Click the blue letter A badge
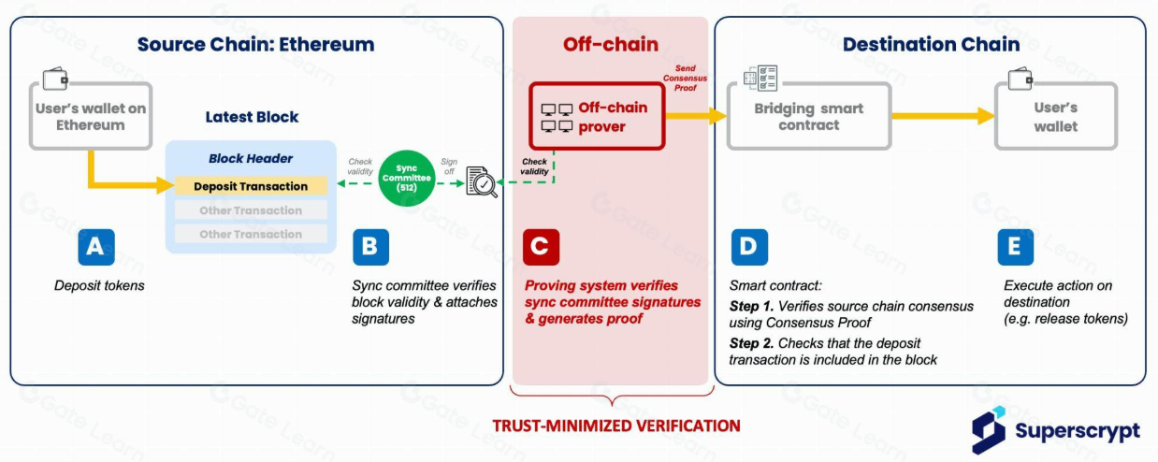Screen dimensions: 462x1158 click(x=94, y=247)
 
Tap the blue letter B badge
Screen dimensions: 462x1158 click(x=370, y=247)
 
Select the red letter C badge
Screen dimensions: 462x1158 click(x=541, y=247)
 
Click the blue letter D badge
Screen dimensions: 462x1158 click(x=748, y=247)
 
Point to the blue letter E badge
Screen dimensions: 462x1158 click(x=1015, y=247)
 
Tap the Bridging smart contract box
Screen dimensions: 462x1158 click(x=808, y=116)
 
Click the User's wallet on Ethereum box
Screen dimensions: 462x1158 click(x=91, y=116)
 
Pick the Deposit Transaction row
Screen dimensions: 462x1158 click(x=250, y=186)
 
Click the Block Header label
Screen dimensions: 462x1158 click(x=250, y=158)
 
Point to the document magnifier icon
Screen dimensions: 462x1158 click(x=482, y=181)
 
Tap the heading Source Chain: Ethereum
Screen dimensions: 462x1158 click(x=255, y=44)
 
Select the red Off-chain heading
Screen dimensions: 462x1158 click(x=610, y=44)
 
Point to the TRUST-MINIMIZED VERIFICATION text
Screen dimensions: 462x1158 click(x=616, y=426)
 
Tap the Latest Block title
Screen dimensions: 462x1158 click(x=252, y=117)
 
